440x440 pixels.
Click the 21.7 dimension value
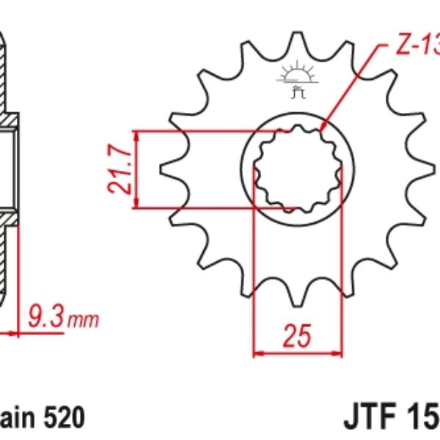[121, 170]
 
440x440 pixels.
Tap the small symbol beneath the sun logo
[298, 92]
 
